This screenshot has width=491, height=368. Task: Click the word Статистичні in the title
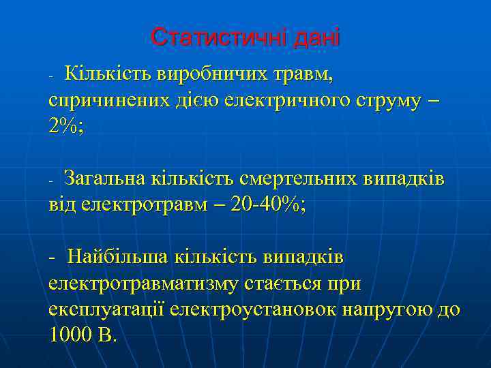tap(218, 37)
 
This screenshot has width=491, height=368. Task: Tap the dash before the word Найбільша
tap(53, 259)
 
